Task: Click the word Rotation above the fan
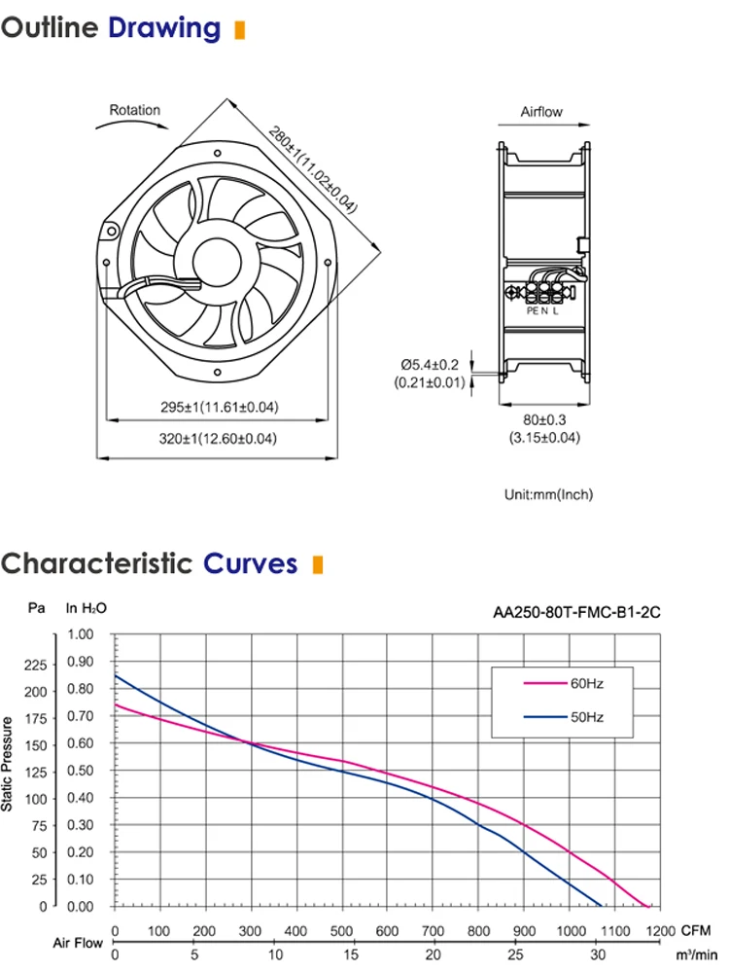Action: [x=134, y=110]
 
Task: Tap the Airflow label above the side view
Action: [x=541, y=112]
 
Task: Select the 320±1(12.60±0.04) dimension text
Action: [x=218, y=439]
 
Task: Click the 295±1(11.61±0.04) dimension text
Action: [x=220, y=407]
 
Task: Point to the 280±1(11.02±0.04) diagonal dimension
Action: [x=313, y=169]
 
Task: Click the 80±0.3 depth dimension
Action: [x=544, y=420]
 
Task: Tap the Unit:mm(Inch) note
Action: [x=548, y=494]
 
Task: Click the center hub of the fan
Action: [x=217, y=263]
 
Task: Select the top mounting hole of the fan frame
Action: [x=217, y=154]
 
